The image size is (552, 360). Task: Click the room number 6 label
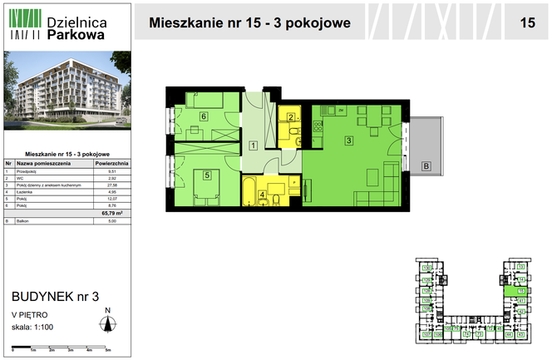click(204, 117)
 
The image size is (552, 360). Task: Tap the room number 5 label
click(207, 175)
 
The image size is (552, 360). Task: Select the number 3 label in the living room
click(349, 140)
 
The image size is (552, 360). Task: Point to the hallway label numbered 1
click(253, 146)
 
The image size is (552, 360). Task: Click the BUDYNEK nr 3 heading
click(55, 296)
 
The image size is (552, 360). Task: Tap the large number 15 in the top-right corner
click(527, 23)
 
